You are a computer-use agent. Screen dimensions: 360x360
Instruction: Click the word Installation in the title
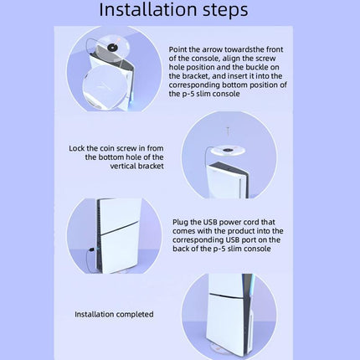tap(148, 9)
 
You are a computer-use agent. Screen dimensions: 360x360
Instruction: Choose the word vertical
tap(123, 167)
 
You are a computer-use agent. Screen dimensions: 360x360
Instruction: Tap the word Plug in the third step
tap(180, 223)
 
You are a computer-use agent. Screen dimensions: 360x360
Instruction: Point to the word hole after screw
tap(177, 68)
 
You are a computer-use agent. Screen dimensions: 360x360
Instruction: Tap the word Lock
tap(76, 148)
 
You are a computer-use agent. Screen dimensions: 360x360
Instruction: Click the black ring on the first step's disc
tap(112, 48)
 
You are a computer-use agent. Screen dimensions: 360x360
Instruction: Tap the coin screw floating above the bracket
tap(228, 131)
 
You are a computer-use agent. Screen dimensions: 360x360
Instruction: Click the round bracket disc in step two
tap(228, 151)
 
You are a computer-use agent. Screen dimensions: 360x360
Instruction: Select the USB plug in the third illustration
tap(92, 249)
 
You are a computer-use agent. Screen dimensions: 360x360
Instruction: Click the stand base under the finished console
tap(228, 349)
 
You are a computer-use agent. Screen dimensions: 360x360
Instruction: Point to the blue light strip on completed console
tap(250, 290)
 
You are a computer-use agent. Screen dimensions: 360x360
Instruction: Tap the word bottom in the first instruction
tap(234, 85)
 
